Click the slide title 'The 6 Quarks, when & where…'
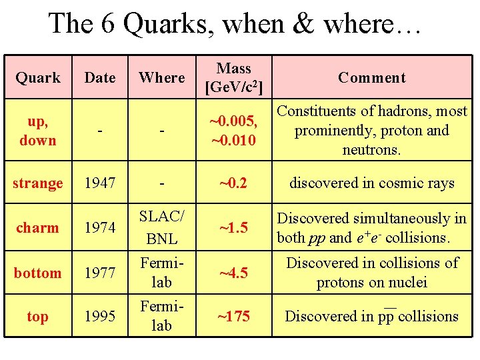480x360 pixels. tap(235, 24)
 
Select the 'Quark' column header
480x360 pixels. tap(38, 77)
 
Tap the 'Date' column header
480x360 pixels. tap(100, 77)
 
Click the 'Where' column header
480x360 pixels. tap(162, 77)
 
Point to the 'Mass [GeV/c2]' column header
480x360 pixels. tap(234, 77)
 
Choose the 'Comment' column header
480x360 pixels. tap(371, 77)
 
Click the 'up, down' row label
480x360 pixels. tap(38, 131)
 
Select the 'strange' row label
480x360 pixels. tap(38, 183)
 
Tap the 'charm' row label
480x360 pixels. tap(37, 227)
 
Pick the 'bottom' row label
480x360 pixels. tap(37, 273)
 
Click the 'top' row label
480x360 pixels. tap(37, 316)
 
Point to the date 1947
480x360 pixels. tap(100, 183)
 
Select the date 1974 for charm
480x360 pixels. tap(100, 227)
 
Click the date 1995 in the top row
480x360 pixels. tap(100, 316)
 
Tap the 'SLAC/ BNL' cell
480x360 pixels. tap(162, 227)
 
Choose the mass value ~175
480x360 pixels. tap(234, 316)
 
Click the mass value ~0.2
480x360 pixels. tap(234, 183)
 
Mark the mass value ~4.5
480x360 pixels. tap(234, 273)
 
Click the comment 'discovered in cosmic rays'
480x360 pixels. tap(371, 183)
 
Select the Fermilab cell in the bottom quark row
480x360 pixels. tap(162, 273)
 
